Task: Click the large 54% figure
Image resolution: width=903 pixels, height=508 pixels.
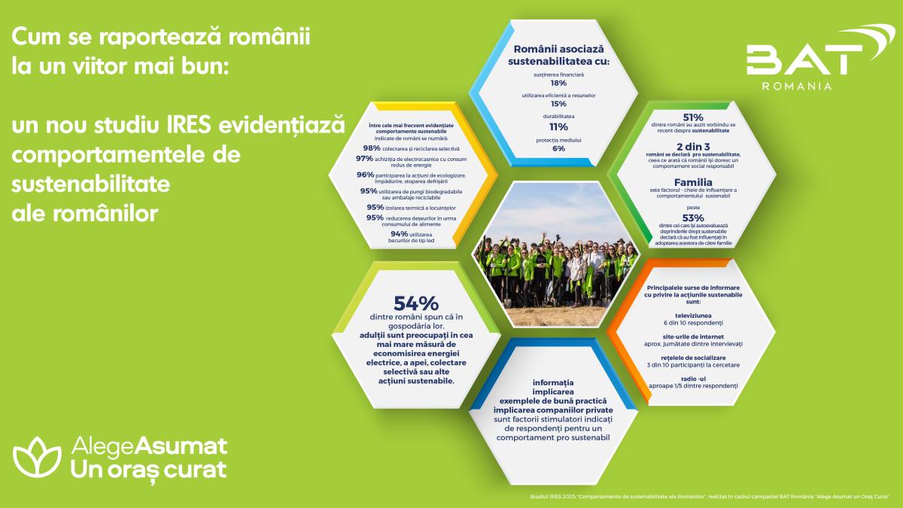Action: coord(415,303)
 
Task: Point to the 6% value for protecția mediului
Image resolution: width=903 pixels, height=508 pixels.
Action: coord(558,148)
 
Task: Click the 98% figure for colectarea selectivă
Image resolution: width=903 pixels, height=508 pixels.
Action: coord(371,148)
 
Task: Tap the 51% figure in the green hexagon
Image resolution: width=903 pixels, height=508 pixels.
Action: coord(692,117)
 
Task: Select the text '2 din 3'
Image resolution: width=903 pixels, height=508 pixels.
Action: coord(692,145)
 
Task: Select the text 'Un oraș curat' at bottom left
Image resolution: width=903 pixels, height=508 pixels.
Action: coord(147,470)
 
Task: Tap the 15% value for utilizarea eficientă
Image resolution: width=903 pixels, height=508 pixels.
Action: coord(558,104)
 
